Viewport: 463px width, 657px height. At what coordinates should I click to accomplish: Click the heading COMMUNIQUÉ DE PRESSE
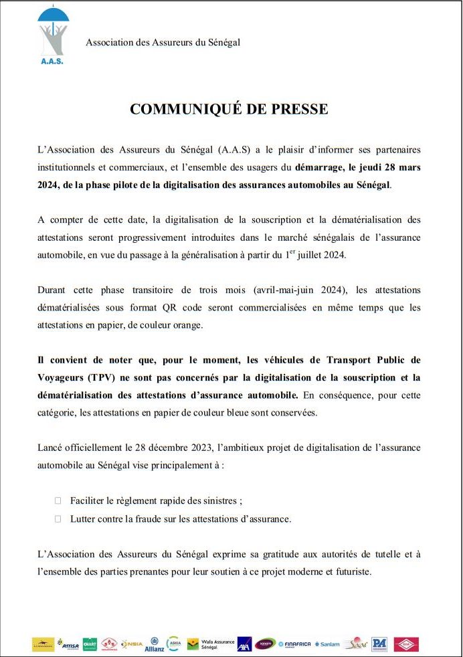point(229,109)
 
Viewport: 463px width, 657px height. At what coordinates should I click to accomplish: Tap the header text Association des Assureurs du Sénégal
point(163,43)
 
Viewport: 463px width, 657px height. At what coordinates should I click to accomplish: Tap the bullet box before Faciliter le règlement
point(58,500)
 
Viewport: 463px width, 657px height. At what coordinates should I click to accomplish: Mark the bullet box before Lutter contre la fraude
point(58,519)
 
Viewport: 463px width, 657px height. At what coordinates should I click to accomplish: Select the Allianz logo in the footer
point(154,644)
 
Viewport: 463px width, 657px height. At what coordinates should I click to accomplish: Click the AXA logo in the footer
point(245,644)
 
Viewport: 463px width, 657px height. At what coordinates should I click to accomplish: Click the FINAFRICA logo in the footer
point(294,644)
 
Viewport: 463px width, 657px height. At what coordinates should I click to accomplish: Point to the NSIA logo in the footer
point(131,644)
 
